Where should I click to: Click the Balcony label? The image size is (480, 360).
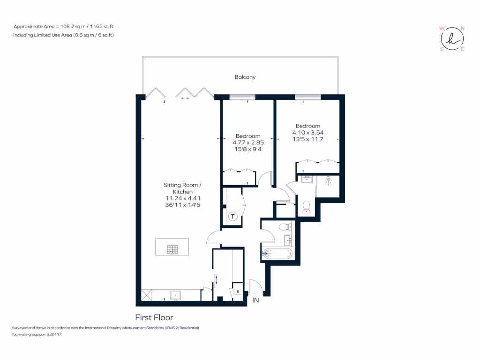tap(245, 77)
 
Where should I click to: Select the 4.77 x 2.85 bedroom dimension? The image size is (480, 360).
tap(248, 142)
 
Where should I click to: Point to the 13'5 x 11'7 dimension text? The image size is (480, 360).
tap(307, 139)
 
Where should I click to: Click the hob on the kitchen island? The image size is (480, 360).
tap(172, 250)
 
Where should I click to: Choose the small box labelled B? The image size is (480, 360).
tap(238, 292)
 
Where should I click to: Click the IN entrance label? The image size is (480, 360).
tap(255, 300)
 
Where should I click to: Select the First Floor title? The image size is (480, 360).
tap(154, 317)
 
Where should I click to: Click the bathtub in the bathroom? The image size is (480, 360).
tap(277, 254)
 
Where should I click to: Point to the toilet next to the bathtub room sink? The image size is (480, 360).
tap(284, 227)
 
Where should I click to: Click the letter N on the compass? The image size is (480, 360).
tap(463, 29)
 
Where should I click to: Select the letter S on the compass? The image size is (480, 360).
tap(442, 49)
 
